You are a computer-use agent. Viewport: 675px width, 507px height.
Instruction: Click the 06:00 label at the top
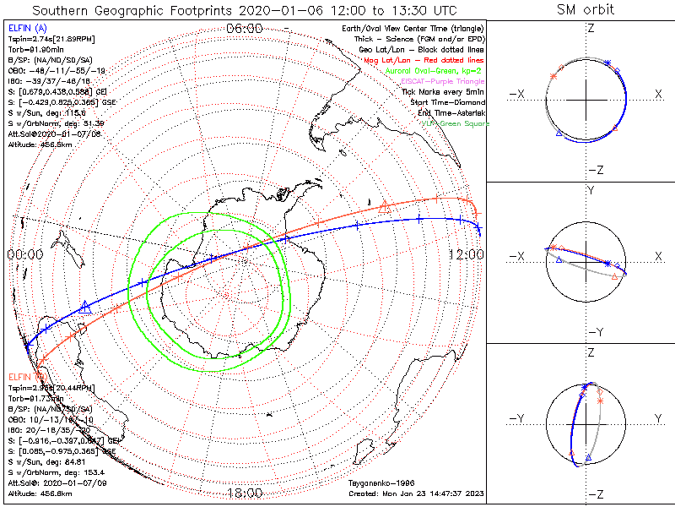point(245,28)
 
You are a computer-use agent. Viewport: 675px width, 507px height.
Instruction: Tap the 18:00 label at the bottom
point(245,493)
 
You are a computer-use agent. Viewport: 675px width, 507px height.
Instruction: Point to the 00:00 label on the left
point(24,254)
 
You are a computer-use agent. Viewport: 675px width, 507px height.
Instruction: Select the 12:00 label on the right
point(466,254)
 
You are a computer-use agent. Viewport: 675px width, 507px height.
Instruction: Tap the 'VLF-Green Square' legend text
point(455,123)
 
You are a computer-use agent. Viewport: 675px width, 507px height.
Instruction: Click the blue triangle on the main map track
point(84,308)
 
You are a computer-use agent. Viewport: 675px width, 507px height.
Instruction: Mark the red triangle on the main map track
point(385,204)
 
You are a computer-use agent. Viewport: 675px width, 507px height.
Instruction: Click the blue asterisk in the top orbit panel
point(608,63)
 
